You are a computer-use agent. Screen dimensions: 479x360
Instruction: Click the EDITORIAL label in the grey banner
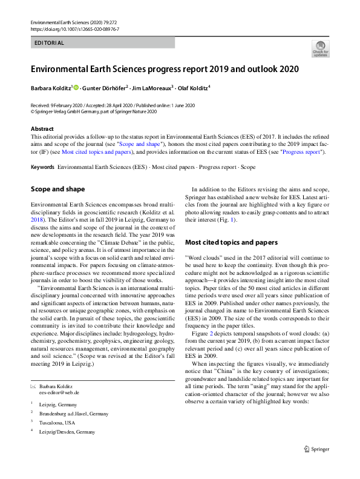coord(49,43)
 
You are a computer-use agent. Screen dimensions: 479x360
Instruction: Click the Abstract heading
coord(42,129)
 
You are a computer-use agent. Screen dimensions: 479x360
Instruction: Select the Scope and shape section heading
coord(58,189)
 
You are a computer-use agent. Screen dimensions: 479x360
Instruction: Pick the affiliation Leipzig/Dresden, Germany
coord(66,432)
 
